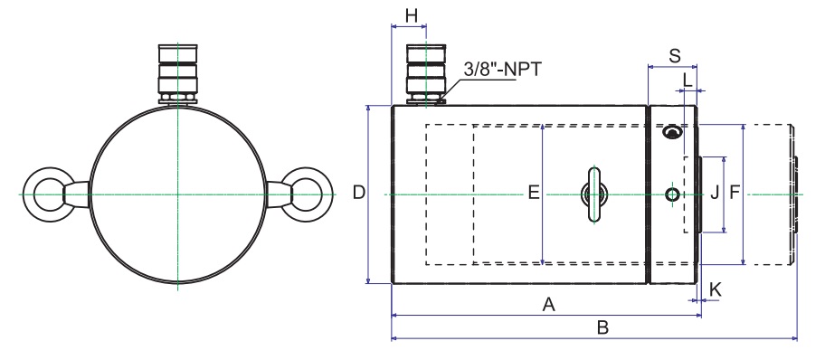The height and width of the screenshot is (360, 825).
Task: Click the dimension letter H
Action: [412, 15]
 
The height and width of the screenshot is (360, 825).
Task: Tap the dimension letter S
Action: [675, 55]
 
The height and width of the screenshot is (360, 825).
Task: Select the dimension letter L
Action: [687, 81]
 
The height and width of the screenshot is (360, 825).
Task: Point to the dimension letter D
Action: [359, 193]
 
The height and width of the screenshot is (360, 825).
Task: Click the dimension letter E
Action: [534, 194]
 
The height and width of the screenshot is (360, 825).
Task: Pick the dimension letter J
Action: [715, 194]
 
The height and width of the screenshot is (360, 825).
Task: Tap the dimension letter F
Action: [735, 194]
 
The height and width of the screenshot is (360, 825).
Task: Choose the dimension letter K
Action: [715, 289]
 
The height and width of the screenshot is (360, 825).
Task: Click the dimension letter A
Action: [549, 304]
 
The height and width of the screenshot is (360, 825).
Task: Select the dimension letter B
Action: [603, 327]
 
